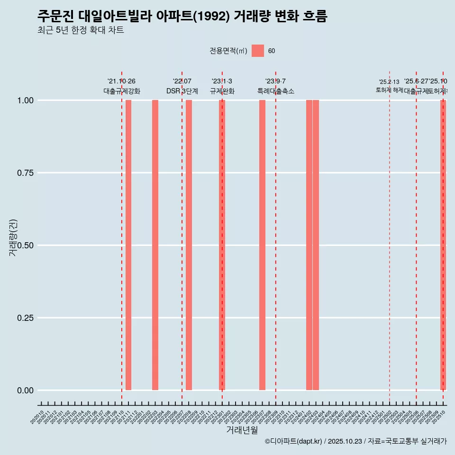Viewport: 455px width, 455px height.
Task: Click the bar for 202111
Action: click(128, 245)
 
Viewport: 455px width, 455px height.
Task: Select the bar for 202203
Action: click(155, 245)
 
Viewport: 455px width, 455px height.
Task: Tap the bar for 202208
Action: click(189, 245)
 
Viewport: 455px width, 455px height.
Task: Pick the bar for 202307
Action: click(262, 245)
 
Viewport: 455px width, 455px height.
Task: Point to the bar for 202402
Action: click(309, 245)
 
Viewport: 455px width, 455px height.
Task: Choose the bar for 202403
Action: click(316, 245)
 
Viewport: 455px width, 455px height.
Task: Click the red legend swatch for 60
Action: click(258, 51)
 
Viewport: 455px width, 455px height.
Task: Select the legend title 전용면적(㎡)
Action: click(228, 51)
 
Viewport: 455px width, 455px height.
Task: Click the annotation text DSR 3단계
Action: click(182, 91)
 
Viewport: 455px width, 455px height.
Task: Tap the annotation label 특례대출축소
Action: click(276, 91)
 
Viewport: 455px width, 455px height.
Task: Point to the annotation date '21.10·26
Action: click(122, 82)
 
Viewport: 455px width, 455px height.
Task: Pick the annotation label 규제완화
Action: click(222, 91)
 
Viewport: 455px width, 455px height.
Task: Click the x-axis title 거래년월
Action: click(242, 430)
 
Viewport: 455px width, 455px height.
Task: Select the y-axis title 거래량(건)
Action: click(13, 237)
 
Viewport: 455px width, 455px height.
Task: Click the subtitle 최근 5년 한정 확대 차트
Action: click(81, 31)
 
